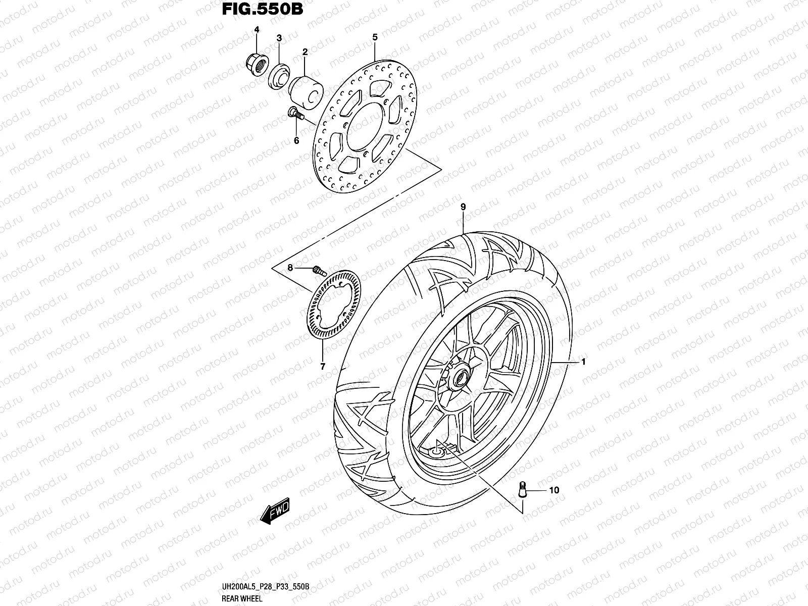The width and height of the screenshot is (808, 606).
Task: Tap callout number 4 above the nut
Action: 257,30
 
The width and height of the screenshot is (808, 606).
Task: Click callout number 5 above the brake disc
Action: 375,37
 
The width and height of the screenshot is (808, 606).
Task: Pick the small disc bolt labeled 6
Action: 294,114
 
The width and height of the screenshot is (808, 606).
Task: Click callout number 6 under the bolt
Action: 296,140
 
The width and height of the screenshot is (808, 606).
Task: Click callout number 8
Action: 290,268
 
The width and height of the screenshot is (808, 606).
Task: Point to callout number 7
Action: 323,366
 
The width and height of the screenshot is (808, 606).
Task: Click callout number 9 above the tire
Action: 463,207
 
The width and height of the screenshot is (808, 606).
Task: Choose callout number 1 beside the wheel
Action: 583,362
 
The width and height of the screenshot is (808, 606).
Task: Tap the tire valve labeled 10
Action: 522,489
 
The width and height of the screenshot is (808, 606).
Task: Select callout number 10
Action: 554,490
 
